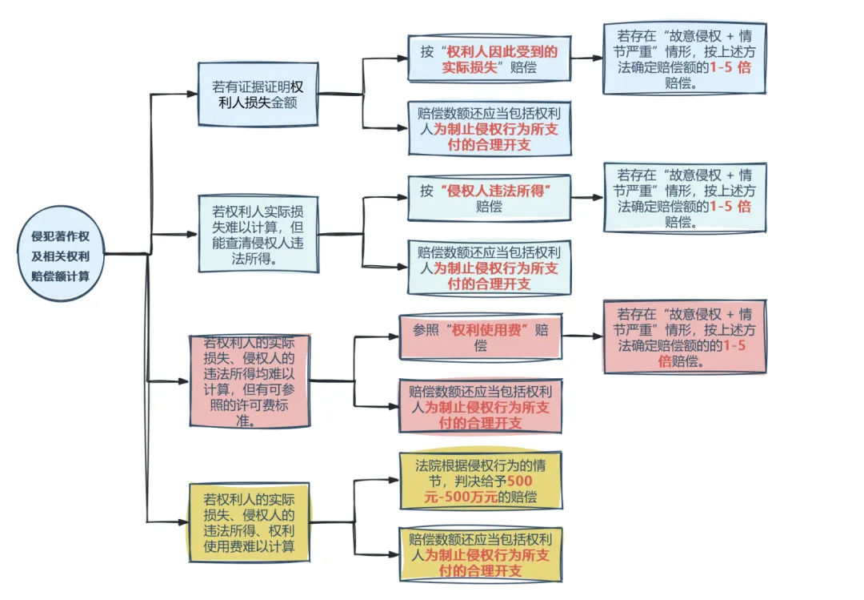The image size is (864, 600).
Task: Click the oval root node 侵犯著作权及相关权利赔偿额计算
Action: click(60, 256)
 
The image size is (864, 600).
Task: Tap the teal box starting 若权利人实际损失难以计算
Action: click(256, 235)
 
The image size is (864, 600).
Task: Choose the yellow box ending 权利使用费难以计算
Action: click(249, 522)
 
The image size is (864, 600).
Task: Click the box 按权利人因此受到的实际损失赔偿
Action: click(489, 58)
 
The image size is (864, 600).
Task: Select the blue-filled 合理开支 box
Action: click(489, 128)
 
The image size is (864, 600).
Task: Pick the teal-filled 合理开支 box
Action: click(489, 267)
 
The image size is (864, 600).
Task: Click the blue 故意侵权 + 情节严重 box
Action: click(684, 58)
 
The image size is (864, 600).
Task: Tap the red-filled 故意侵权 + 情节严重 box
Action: click(684, 337)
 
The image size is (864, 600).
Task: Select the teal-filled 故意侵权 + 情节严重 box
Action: click(684, 198)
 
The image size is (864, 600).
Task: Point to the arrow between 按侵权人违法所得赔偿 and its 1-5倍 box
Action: click(587, 197)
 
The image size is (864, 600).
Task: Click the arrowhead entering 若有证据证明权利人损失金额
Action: click(192, 94)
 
